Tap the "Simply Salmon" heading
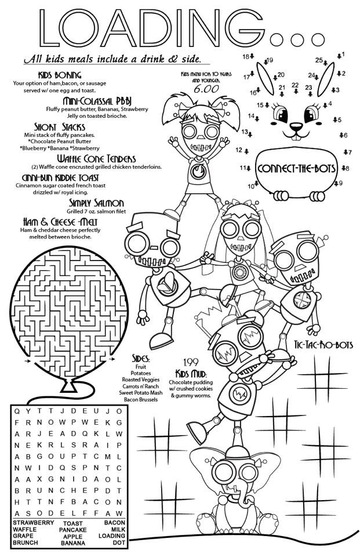coord(96,202)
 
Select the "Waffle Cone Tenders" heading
coord(96,158)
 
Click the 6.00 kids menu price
coord(201,90)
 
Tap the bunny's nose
coord(296,124)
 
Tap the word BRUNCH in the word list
coord(25,542)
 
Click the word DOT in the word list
coord(119,542)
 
